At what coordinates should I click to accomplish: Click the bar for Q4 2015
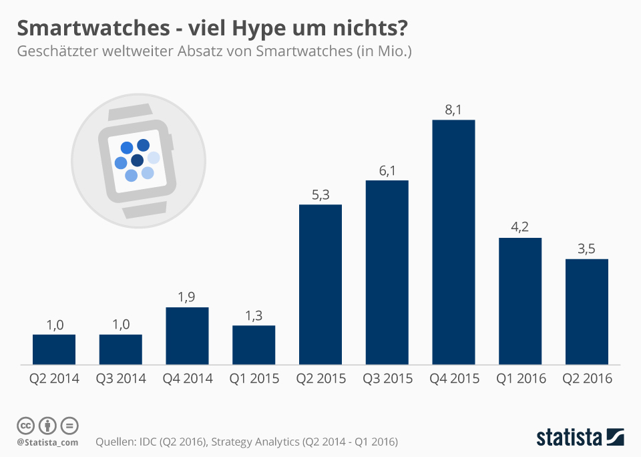coord(453,243)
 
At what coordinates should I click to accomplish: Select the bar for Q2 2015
coord(320,285)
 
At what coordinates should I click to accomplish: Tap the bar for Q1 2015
coord(254,345)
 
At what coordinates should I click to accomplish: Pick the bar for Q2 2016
coord(587,311)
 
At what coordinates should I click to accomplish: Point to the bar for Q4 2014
coord(187,336)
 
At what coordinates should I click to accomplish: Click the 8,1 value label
coord(453,110)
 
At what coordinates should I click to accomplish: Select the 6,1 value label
coord(387,170)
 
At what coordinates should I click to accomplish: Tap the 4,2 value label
coord(520,228)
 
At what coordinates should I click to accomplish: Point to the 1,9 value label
coord(187,297)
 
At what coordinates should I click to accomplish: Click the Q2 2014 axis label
coord(54,379)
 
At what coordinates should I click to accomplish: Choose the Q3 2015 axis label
coord(387,379)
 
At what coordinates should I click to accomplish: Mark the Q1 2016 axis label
coord(520,379)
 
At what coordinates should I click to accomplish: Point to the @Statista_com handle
coord(47,442)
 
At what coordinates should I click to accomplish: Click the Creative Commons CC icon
coord(25,426)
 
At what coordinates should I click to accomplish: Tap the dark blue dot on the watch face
coord(138,160)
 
